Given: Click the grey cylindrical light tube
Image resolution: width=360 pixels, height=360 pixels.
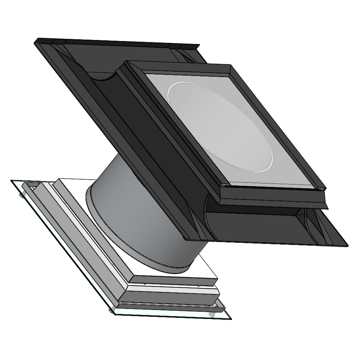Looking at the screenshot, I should (x=144, y=216).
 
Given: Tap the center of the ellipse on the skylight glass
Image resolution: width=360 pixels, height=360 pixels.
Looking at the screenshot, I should (x=220, y=126).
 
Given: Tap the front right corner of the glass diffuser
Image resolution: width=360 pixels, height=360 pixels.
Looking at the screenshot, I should (x=230, y=319).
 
